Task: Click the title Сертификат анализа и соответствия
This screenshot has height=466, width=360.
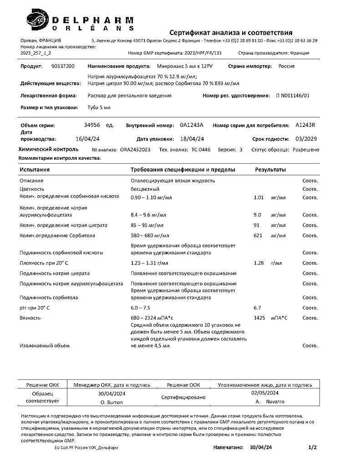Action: click(x=231, y=32)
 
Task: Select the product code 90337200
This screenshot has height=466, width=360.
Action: click(x=63, y=66)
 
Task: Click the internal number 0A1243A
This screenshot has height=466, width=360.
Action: click(x=192, y=125)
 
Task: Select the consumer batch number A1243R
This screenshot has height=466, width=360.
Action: click(x=305, y=125)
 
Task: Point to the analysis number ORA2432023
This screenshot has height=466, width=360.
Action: click(x=135, y=150)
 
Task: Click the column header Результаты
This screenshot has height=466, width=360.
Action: click(x=270, y=170)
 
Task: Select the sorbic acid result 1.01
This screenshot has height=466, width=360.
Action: click(x=259, y=197)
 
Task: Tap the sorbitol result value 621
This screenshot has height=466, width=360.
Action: click(x=258, y=235)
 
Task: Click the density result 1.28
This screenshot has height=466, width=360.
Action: click(x=259, y=263)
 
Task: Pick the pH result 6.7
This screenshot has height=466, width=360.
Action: click(x=257, y=308)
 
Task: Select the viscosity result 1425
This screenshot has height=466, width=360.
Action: click(x=259, y=318)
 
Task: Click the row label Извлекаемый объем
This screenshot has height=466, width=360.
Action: click(x=44, y=346)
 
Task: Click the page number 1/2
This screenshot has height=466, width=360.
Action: click(x=312, y=448)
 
